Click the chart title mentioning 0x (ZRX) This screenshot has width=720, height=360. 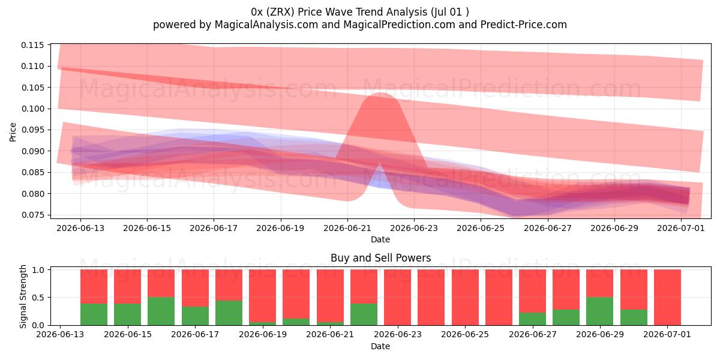click(x=359, y=12)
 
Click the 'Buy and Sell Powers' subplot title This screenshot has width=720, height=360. click(x=380, y=258)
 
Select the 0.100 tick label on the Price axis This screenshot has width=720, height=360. click(x=32, y=109)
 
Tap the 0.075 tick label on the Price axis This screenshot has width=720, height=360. click(x=32, y=215)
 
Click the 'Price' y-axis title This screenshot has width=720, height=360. click(x=13, y=132)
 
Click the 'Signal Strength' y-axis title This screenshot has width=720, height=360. click(x=23, y=296)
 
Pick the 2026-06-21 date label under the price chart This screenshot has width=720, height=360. click(x=347, y=228)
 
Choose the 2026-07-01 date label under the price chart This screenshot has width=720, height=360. click(x=681, y=228)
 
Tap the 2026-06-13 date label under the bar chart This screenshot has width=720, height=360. click(x=60, y=334)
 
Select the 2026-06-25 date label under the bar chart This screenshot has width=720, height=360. click(x=465, y=334)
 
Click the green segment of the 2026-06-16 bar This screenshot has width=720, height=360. click(x=161, y=311)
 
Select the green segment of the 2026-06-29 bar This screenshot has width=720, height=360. click(x=600, y=311)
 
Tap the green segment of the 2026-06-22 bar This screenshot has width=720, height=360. click(x=364, y=314)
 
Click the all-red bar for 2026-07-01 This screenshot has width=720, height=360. click(x=667, y=298)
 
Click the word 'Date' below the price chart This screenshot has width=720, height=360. click(x=380, y=239)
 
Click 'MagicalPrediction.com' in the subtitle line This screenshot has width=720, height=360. click(x=399, y=25)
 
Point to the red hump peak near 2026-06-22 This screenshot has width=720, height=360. click(x=381, y=93)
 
